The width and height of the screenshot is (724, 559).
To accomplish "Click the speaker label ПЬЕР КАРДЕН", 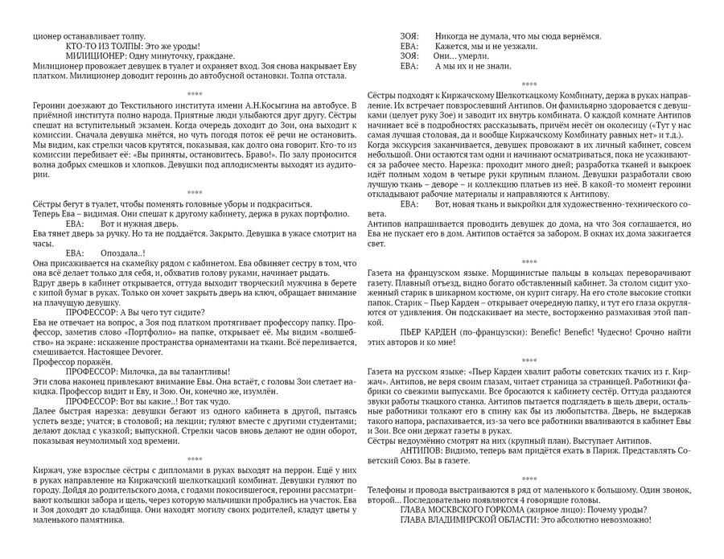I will tap(435, 331).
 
